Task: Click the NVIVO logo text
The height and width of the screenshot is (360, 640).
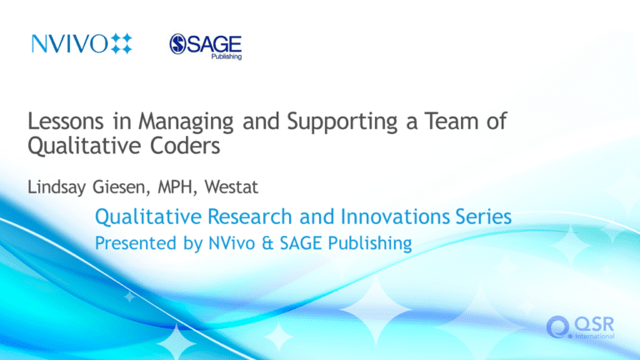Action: pyautogui.click(x=70, y=43)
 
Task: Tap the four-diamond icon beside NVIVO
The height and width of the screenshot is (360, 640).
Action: pyautogui.click(x=122, y=43)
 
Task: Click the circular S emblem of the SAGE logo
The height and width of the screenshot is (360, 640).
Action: pyautogui.click(x=178, y=44)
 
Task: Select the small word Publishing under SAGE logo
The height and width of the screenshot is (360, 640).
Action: pyautogui.click(x=227, y=57)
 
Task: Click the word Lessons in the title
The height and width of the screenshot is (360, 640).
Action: pyautogui.click(x=66, y=121)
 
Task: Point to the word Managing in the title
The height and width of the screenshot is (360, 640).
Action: pyautogui.click(x=186, y=122)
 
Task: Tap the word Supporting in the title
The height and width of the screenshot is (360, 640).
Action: pyautogui.click(x=342, y=122)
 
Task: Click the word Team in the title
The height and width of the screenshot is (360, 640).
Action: pyautogui.click(x=452, y=121)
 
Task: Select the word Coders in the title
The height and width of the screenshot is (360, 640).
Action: pyautogui.click(x=185, y=146)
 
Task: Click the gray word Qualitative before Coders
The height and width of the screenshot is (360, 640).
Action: pyautogui.click(x=84, y=146)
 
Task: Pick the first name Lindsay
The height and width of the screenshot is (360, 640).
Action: pyautogui.click(x=57, y=187)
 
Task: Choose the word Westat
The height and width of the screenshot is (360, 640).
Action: pyautogui.click(x=232, y=187)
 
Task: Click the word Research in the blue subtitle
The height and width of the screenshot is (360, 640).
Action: pyautogui.click(x=250, y=217)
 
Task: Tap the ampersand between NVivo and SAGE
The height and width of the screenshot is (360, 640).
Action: pyautogui.click(x=267, y=243)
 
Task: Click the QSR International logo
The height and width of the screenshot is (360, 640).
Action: pyautogui.click(x=580, y=327)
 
